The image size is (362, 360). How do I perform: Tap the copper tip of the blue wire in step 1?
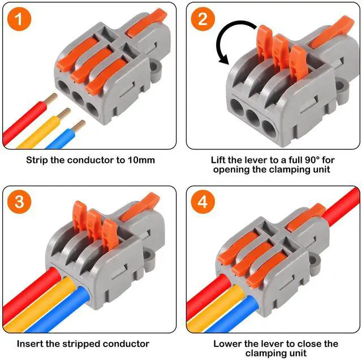coord(79,125)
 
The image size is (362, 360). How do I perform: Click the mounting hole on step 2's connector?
coord(342,86)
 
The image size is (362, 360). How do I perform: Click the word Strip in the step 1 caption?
coord(37,160)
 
